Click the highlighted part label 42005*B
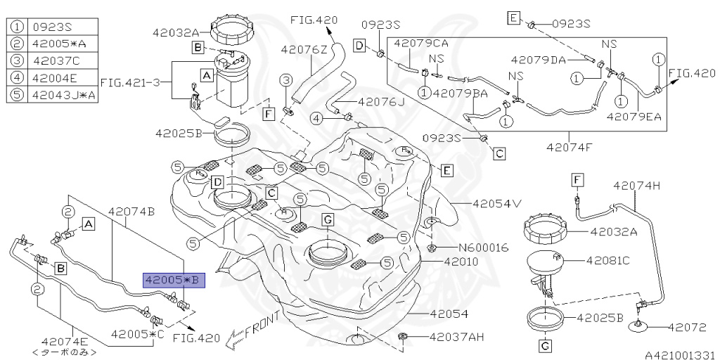coord(174,280)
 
